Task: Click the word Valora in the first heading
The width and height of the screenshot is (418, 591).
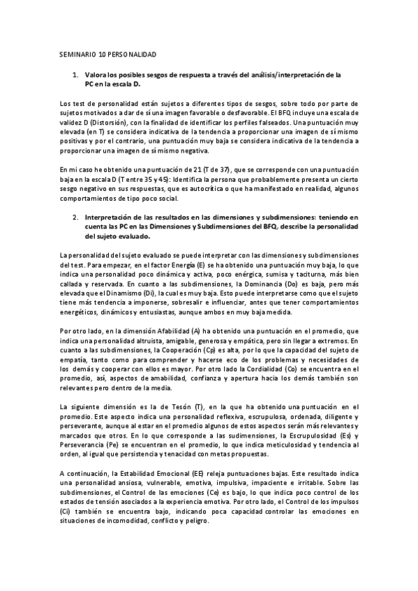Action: click(96, 73)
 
